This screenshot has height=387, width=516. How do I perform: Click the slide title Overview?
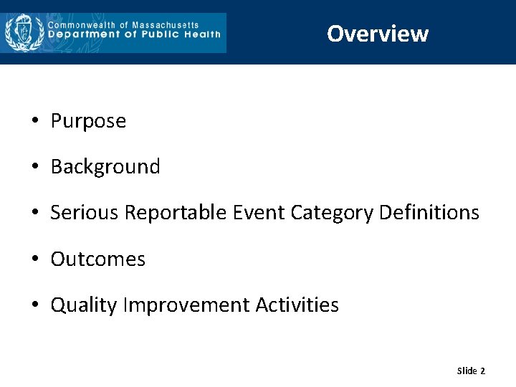tap(378, 34)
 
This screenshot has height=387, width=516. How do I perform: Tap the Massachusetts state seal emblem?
tap(24, 32)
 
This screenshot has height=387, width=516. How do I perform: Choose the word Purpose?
tap(88, 121)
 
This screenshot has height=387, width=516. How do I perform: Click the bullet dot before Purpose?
tap(35, 121)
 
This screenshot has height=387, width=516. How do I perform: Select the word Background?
tap(105, 167)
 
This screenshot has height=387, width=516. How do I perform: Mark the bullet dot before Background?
tap(35, 167)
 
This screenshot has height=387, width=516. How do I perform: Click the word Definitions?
tap(429, 213)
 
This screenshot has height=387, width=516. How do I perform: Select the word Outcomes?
tap(98, 259)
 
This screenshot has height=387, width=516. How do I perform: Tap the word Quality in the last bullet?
tap(84, 305)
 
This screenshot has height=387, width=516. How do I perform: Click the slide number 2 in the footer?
tap(482, 371)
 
